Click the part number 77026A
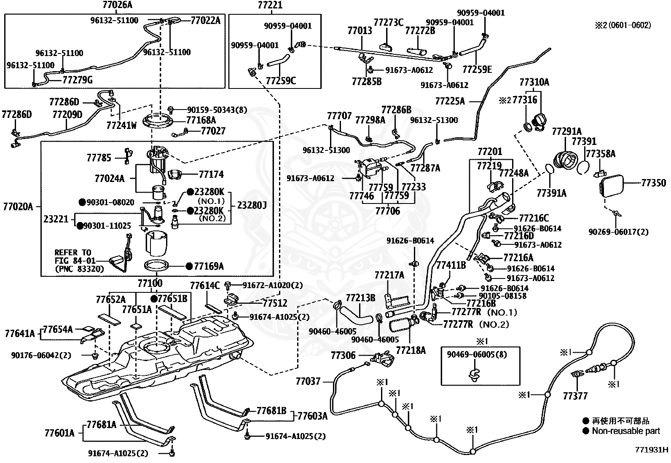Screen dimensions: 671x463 coord(118,5)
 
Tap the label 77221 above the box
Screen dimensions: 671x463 coord(270,5)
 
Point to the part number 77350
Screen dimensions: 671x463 coord(653,183)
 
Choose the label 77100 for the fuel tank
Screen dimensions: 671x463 coord(150,283)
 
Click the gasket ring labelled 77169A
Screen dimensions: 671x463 coord(156,266)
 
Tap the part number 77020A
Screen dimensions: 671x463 coord(18,206)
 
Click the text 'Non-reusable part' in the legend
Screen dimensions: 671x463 coord(626,431)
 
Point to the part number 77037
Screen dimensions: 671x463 coord(308,381)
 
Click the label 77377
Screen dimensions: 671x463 coord(575,396)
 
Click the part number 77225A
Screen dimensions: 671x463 coord(450,101)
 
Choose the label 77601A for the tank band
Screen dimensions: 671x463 coord(59,433)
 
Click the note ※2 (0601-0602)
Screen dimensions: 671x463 coord(623,25)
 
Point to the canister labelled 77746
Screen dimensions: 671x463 coord(371,169)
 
